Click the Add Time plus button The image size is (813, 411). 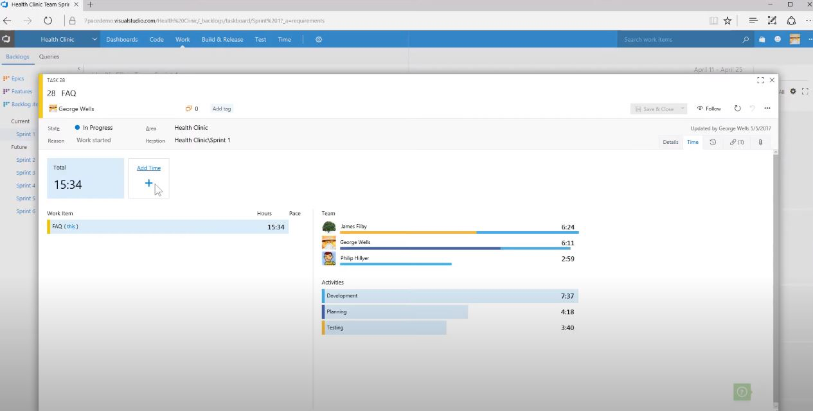[x=148, y=184]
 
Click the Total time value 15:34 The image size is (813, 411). [x=67, y=185]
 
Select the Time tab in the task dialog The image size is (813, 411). [x=692, y=142]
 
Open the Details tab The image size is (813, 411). [x=670, y=142]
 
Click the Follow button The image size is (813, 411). [x=709, y=109]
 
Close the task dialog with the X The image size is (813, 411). [x=772, y=80]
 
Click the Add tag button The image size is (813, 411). [x=222, y=109]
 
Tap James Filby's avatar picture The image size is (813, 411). [x=328, y=227]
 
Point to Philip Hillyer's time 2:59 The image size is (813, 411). [x=567, y=259]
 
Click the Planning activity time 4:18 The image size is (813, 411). [x=567, y=312]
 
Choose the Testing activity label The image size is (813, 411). [x=335, y=328]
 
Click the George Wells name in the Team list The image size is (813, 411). [x=355, y=242]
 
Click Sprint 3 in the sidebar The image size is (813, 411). [x=26, y=173]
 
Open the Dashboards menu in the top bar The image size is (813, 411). [x=122, y=39]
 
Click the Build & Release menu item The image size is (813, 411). [x=222, y=39]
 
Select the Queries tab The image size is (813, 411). [x=49, y=57]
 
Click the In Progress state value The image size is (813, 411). [x=97, y=128]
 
